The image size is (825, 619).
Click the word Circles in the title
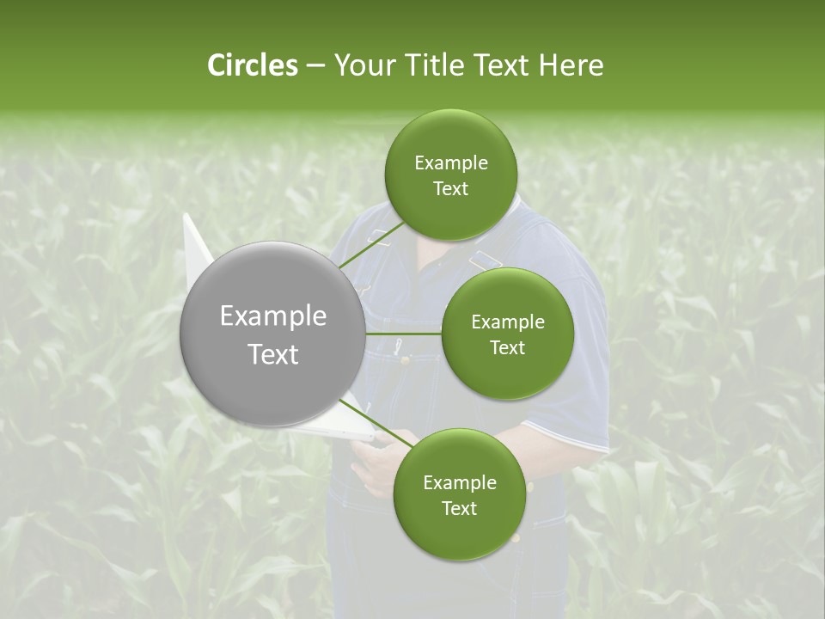point(252,65)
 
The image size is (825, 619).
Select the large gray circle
point(272,334)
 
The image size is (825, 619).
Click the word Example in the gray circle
point(272,316)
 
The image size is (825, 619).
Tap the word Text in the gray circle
point(272,354)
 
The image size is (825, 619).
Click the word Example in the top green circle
point(450,163)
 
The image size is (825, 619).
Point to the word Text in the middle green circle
point(507,348)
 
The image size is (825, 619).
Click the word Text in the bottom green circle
point(459,509)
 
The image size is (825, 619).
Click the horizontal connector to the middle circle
point(404,334)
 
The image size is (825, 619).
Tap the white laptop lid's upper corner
point(189,219)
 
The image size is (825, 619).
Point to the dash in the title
point(315,65)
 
